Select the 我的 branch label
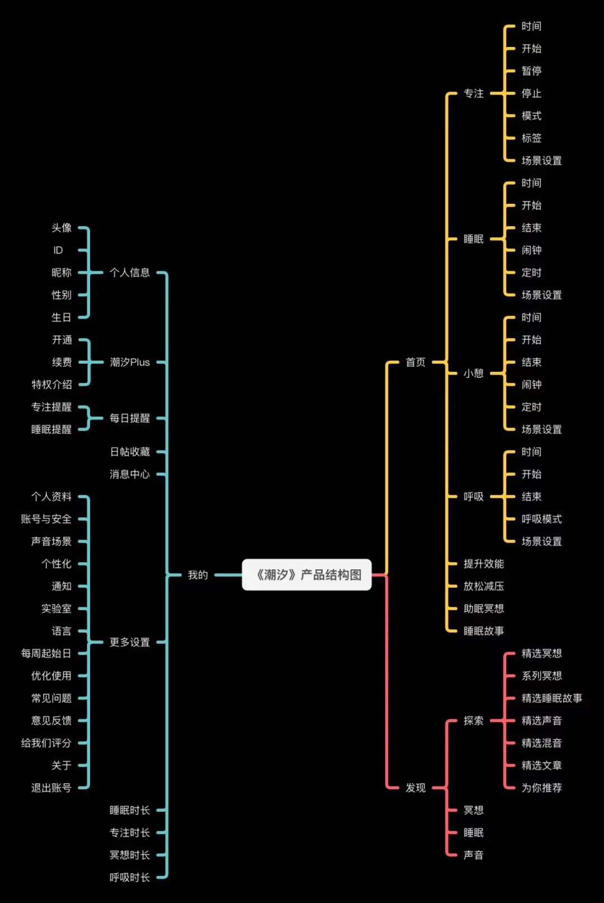coord(198,575)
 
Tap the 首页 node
coord(416,362)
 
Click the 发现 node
coord(416,787)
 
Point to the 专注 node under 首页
coord(474,93)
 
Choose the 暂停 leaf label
coord(531,71)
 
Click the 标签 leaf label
coord(531,138)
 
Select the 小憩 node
coord(474,373)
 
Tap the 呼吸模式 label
coord(541,519)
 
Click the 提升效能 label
coord(484,564)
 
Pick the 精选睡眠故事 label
coord(551,698)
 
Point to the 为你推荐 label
coord(541,787)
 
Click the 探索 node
coord(474,720)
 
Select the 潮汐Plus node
coord(130,362)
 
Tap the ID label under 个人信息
coord(58,250)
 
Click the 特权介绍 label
coord(52,385)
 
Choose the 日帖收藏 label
coord(130,451)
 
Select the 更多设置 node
coord(130,642)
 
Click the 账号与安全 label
coord(46,519)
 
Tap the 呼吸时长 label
coord(130,877)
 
